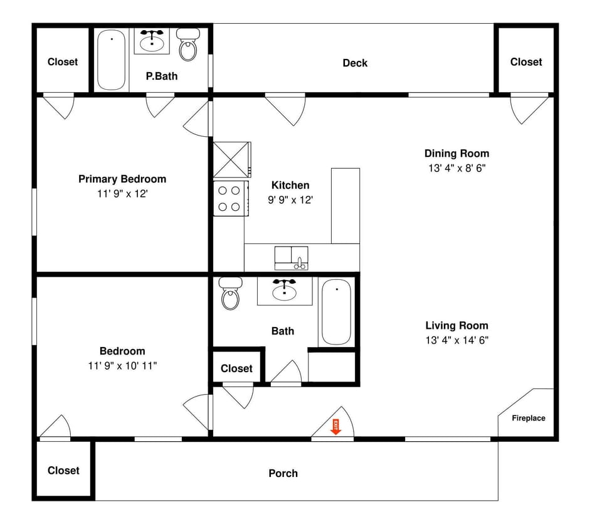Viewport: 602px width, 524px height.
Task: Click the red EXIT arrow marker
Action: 335,427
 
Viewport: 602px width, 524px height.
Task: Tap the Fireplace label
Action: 528,418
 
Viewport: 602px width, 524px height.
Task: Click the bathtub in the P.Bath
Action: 112,60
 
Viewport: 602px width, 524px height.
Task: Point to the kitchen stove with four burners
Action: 228,198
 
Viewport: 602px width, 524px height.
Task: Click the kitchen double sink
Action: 291,258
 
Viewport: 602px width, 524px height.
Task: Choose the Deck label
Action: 355,63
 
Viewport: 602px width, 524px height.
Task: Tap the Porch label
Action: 283,473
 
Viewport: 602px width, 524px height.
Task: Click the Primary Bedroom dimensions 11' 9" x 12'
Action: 122,194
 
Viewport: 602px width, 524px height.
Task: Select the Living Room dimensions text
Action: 457,340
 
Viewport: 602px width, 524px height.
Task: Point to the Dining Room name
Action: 457,153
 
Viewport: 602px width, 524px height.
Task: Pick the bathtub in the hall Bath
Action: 336,312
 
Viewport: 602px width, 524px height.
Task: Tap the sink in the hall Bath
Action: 284,290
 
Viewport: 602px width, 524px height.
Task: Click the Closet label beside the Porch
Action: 63,470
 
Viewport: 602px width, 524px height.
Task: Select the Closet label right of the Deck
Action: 525,61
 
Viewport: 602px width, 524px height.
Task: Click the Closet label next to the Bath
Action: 236,368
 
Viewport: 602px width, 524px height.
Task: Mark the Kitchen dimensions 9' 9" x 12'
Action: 290,200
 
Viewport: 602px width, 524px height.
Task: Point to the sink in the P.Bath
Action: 152,41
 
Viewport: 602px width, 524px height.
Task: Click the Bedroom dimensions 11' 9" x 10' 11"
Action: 122,366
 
